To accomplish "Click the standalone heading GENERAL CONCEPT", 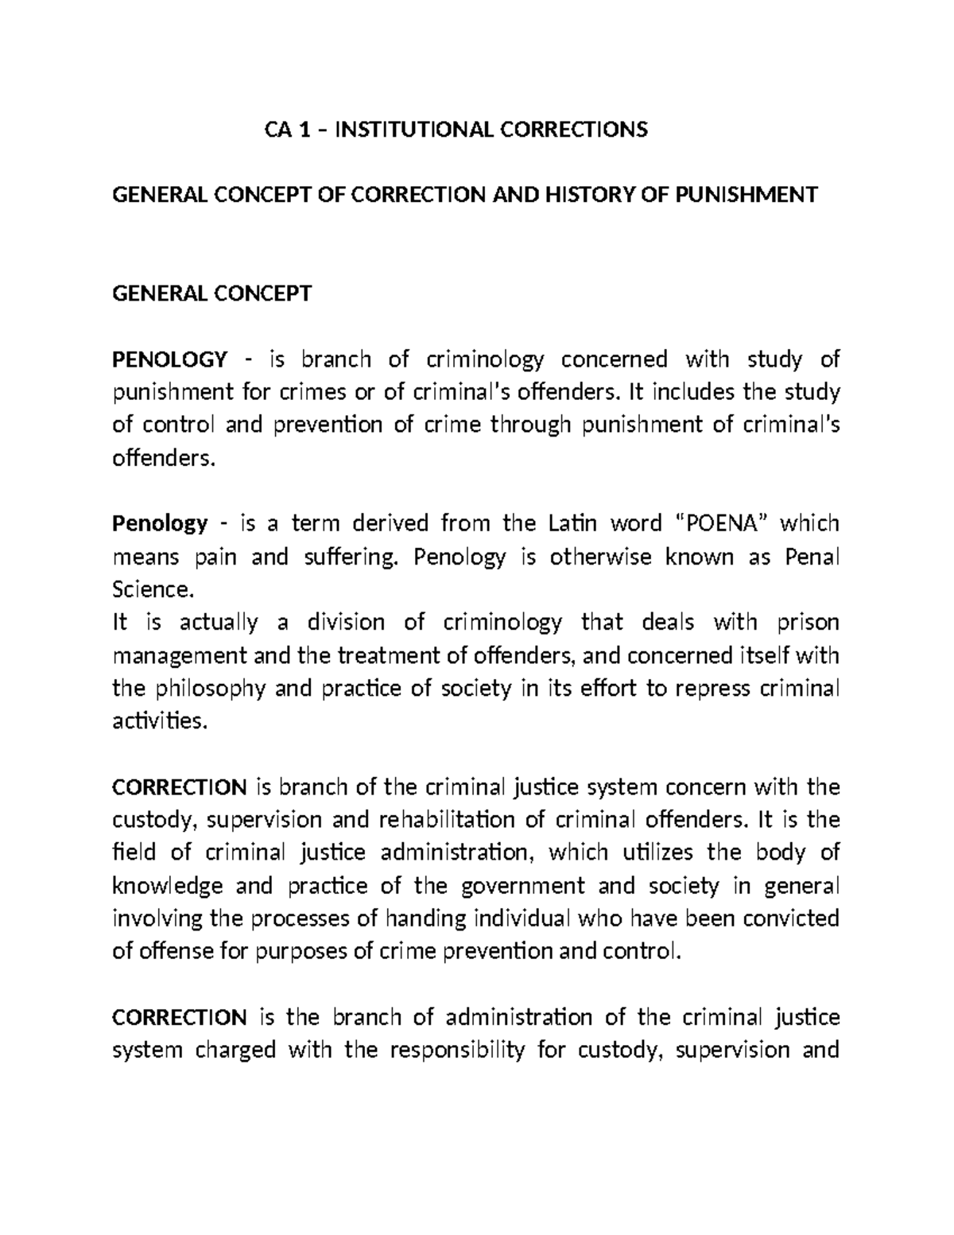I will point(212,293).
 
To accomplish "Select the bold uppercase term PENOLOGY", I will point(169,359).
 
